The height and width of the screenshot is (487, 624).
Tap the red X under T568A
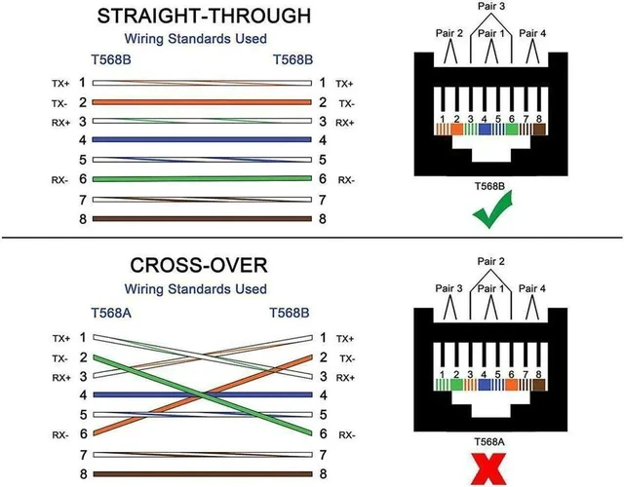click(x=489, y=471)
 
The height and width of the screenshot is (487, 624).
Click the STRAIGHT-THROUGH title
click(x=204, y=17)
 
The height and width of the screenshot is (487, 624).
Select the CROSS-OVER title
click(x=199, y=265)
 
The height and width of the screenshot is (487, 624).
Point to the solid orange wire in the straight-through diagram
click(x=202, y=102)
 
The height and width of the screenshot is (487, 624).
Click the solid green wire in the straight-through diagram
click(x=202, y=179)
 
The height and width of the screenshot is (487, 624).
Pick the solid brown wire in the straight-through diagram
click(x=202, y=218)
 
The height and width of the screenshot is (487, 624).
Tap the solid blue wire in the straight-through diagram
click(x=202, y=139)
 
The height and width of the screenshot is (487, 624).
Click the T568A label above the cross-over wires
click(x=111, y=313)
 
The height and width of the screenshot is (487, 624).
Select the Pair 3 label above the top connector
click(x=491, y=6)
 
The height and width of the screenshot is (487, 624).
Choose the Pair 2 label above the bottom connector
click(x=491, y=261)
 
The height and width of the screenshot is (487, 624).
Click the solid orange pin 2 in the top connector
click(x=457, y=130)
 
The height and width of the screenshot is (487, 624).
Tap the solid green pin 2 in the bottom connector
click(x=456, y=385)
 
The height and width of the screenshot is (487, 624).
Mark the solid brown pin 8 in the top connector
click(x=539, y=130)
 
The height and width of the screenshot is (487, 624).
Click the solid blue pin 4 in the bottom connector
click(x=484, y=385)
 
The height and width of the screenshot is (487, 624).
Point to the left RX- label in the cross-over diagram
click(x=60, y=435)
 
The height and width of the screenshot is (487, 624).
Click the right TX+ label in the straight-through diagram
click(x=344, y=84)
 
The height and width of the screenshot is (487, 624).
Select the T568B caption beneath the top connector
click(x=489, y=186)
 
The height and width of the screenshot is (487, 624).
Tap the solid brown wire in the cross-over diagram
click(x=203, y=474)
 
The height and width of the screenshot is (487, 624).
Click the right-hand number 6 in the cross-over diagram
click(x=323, y=433)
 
